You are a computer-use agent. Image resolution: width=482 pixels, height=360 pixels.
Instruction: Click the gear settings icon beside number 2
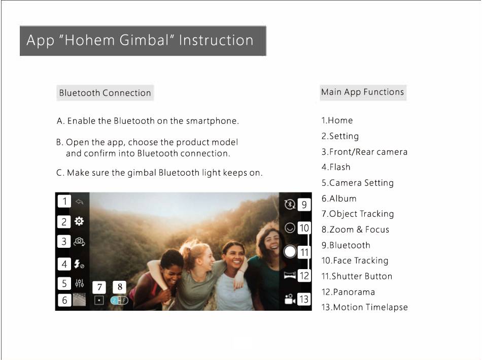[x=79, y=221]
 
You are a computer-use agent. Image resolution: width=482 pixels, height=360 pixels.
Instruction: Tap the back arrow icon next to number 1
[x=79, y=202]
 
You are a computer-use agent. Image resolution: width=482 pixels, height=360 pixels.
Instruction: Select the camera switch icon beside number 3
[x=79, y=242]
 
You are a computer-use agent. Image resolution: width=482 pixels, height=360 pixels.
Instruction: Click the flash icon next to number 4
[x=79, y=264]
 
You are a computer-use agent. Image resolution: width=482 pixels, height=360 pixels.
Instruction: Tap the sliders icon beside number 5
[x=79, y=283]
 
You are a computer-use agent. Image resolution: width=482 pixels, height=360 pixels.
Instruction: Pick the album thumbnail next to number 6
[x=79, y=300]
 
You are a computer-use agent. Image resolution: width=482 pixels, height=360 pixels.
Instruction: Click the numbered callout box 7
[x=99, y=287]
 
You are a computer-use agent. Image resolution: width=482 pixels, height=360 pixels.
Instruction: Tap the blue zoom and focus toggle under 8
[x=119, y=300]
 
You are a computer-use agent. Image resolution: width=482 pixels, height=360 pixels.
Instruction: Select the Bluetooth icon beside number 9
[x=290, y=204]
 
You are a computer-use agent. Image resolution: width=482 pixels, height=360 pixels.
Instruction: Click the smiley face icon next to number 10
[x=290, y=228]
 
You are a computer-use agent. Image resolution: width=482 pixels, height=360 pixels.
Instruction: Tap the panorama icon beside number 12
[x=290, y=275]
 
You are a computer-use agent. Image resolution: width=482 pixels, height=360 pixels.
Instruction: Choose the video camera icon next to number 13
[x=290, y=299]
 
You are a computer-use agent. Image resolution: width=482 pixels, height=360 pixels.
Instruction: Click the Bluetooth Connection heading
[x=105, y=93]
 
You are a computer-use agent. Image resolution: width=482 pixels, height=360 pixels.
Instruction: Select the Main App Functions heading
[x=363, y=92]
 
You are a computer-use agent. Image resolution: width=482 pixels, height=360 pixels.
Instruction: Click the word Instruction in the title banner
[x=216, y=40]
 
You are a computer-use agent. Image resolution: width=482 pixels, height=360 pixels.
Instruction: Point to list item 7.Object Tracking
[x=358, y=214]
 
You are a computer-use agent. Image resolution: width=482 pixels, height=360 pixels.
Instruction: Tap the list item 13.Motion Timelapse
[x=365, y=307]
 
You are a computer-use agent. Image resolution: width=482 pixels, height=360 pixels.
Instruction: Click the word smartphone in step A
[x=212, y=121]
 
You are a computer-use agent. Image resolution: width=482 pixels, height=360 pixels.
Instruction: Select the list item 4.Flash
[x=336, y=167]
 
